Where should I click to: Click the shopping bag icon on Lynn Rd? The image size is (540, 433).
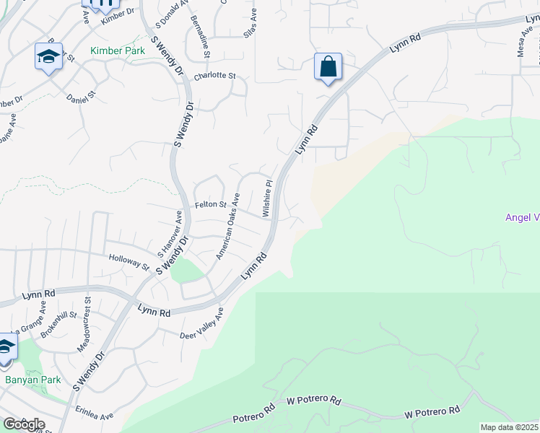(x=328, y=67)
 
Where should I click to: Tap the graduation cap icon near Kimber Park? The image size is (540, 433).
(x=48, y=56)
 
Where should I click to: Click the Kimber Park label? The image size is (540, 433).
(x=117, y=51)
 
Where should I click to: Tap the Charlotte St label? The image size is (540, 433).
(x=215, y=75)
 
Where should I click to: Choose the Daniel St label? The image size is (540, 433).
(x=81, y=97)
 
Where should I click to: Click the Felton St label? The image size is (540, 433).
(x=211, y=206)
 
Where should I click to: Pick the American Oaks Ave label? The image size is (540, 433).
(x=229, y=226)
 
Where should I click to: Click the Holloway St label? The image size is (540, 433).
(x=128, y=261)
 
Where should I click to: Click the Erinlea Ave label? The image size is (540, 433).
(x=97, y=416)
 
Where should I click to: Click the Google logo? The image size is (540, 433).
(x=24, y=424)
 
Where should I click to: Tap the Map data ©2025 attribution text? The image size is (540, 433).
(x=510, y=427)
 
